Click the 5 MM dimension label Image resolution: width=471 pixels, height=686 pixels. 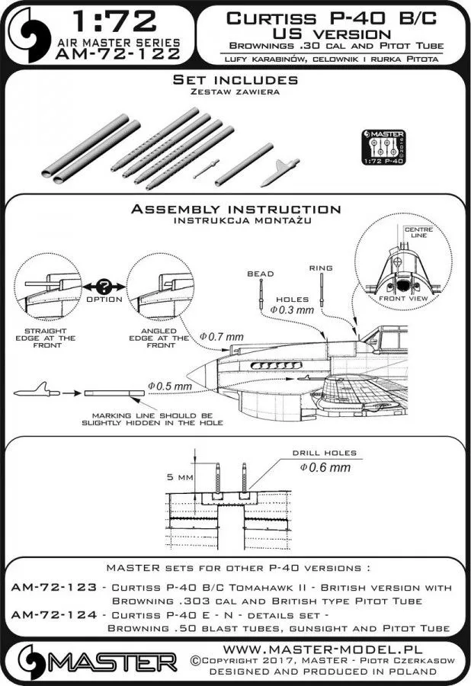pos(177,477)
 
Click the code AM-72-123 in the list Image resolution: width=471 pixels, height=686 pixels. pos(56,588)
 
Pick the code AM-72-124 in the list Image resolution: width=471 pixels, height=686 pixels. pos(56,614)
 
